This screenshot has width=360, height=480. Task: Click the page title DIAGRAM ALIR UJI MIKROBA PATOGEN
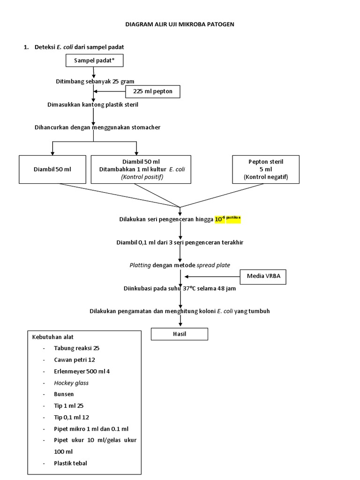coord(180,24)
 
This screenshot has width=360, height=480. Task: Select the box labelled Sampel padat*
coord(94,60)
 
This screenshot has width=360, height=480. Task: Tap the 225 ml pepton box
coord(153,91)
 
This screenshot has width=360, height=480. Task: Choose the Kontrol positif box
coord(141,169)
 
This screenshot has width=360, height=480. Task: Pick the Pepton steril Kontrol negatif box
coord(266,169)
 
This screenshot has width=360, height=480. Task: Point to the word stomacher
coord(150,127)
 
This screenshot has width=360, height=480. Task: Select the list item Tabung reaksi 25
coord(76,348)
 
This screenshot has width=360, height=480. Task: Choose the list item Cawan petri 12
coord(75,360)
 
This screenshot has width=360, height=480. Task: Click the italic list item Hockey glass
coord(71,382)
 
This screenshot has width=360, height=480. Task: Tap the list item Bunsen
coord(64,394)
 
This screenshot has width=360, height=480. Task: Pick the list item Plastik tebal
coord(70,463)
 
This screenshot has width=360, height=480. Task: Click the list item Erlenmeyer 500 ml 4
coord(82,371)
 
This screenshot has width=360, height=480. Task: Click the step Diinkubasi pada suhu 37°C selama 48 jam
coord(180,288)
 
